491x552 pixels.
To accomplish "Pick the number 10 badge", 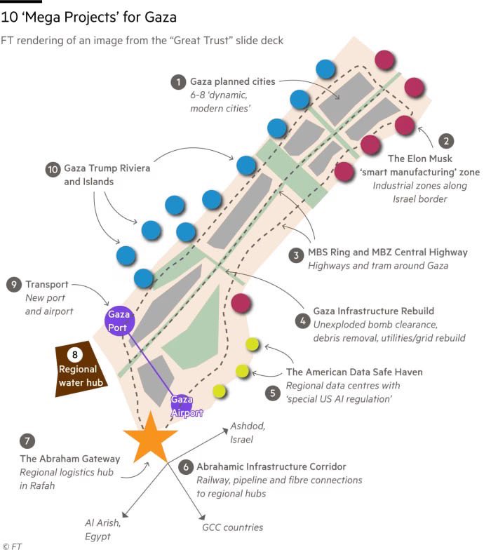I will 52,169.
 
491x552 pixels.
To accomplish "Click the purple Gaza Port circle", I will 120,320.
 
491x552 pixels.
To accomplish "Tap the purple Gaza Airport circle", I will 182,405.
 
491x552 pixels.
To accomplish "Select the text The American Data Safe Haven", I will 354,372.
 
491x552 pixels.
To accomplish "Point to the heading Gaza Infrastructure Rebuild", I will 374,311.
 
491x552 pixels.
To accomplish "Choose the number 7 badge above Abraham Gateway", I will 27,441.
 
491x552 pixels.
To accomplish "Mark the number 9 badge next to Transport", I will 13,284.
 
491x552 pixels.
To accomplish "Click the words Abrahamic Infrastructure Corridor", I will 271,466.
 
